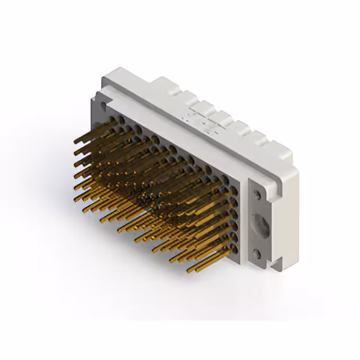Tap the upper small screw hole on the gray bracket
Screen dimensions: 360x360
click(258, 194)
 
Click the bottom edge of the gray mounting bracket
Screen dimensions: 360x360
click(262, 268)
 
